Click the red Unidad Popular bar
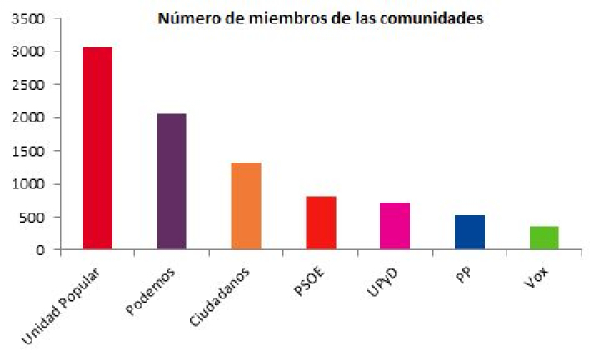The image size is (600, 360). coord(97,148)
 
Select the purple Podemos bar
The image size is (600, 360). coord(172,182)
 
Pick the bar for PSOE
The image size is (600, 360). coord(321,222)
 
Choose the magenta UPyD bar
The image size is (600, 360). coord(395,226)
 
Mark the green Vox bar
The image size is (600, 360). coord(544,237)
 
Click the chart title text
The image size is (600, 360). coord(322,18)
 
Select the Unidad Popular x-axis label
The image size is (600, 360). coord(62,306)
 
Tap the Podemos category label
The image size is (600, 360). coord(150,293)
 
